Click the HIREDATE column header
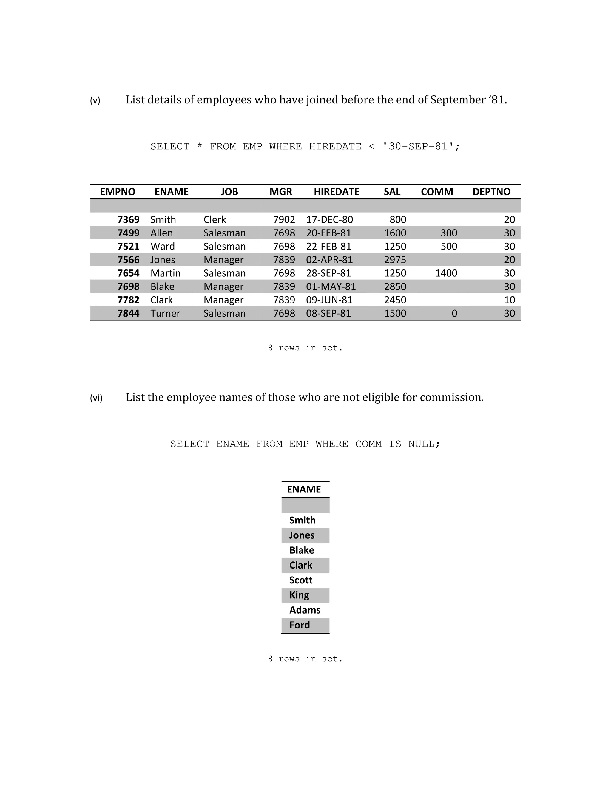336,192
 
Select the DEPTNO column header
491,192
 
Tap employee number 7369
128,220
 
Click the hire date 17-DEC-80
329,220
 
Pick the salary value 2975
395,260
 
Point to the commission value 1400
446,273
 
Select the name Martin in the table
165,273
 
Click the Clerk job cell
215,220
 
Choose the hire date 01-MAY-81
331,286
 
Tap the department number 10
509,300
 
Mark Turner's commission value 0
454,313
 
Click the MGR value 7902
284,220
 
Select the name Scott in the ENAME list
300,580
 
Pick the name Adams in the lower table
305,610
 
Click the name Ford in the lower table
299,625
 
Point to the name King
299,595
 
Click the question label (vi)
96,398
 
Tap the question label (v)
95,100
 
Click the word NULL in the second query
422,444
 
